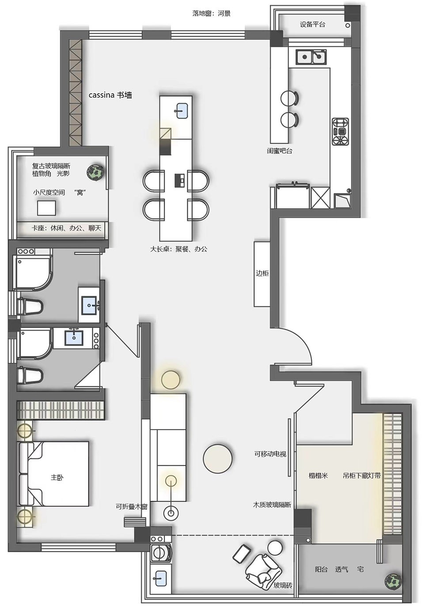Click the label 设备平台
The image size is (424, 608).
click(x=312, y=24)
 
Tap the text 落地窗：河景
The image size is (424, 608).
click(x=212, y=13)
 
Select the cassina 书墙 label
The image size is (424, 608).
click(x=110, y=95)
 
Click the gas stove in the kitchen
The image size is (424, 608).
click(x=341, y=132)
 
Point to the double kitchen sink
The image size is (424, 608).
click(x=311, y=57)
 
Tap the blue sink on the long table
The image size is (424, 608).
click(x=182, y=111)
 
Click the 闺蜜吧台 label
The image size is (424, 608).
click(x=279, y=151)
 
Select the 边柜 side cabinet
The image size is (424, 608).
click(x=262, y=274)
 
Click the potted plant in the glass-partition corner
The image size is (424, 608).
click(x=95, y=172)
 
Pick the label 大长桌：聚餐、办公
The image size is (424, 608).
click(x=178, y=249)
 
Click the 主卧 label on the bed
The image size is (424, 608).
click(x=57, y=477)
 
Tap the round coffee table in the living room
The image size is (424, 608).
click(x=218, y=458)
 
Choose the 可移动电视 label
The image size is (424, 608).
click(x=270, y=454)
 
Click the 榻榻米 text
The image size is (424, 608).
click(x=318, y=476)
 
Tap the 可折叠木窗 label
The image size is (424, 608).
click(x=132, y=506)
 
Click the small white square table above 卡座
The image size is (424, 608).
click(x=46, y=208)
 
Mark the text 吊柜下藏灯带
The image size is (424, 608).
click(x=362, y=476)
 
